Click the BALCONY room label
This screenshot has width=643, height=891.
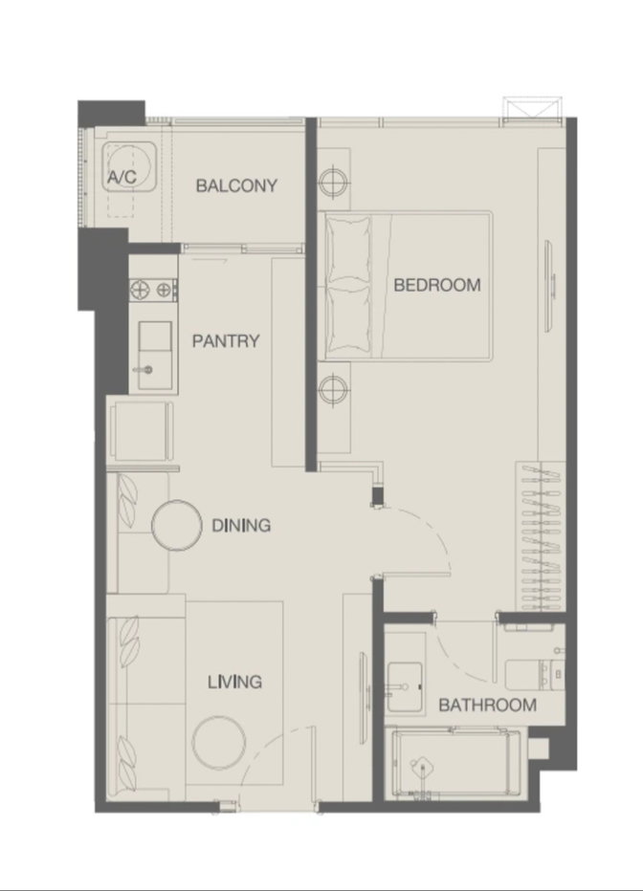pyautogui.click(x=236, y=185)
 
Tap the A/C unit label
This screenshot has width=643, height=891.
pyautogui.click(x=122, y=177)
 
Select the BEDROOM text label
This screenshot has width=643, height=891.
pyautogui.click(x=436, y=284)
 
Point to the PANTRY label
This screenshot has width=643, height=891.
pyautogui.click(x=226, y=341)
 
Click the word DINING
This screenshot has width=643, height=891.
pyautogui.click(x=241, y=526)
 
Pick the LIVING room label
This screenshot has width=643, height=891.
pyautogui.click(x=234, y=682)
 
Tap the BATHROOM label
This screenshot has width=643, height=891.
pyautogui.click(x=488, y=706)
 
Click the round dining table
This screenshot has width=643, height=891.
pyautogui.click(x=177, y=525)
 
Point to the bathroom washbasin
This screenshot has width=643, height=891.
pyautogui.click(x=404, y=686)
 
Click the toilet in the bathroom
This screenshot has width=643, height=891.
pyautogui.click(x=535, y=675)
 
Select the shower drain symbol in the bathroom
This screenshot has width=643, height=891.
pyautogui.click(x=423, y=768)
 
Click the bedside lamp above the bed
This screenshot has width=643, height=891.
pyautogui.click(x=333, y=182)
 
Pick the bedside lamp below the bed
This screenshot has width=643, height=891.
pyautogui.click(x=333, y=390)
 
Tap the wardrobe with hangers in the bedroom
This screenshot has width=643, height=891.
pyautogui.click(x=541, y=537)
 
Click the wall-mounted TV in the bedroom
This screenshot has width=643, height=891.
pyautogui.click(x=550, y=286)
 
